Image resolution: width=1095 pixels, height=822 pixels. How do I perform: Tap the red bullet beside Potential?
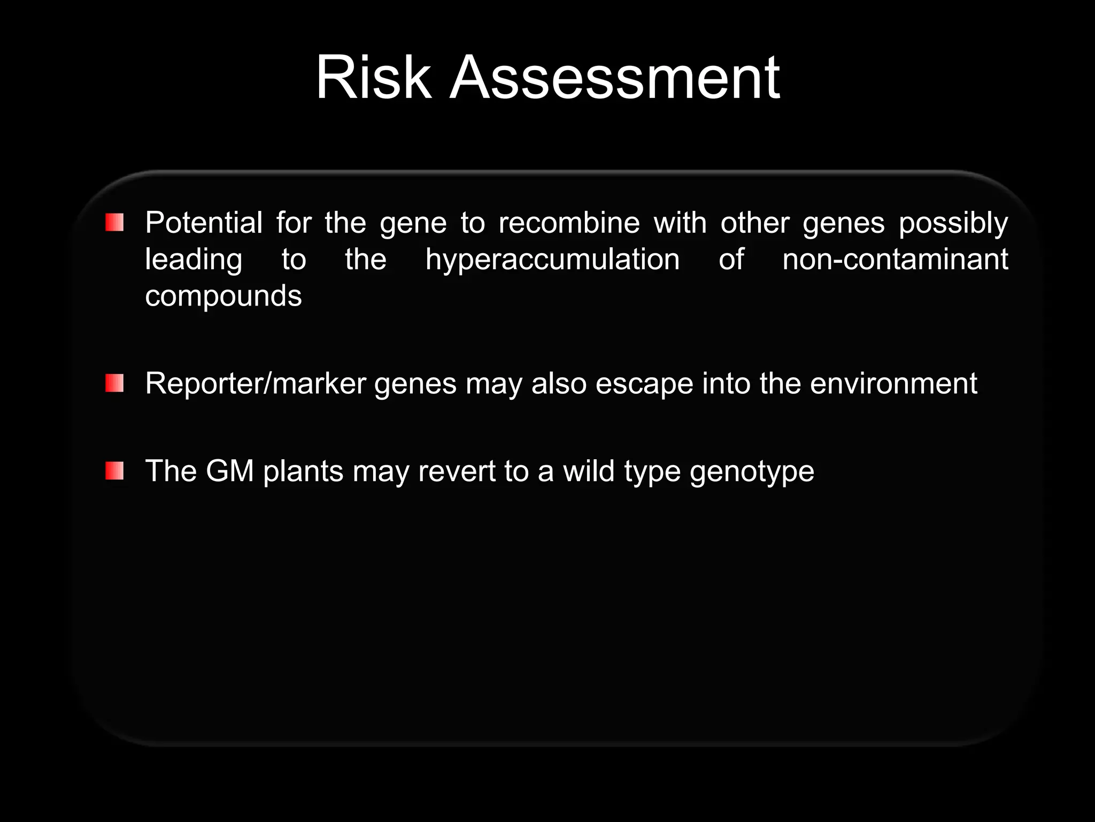(114, 222)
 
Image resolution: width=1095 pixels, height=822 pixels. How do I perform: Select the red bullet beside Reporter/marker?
(114, 383)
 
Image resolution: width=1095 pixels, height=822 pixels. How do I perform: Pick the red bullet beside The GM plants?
(114, 471)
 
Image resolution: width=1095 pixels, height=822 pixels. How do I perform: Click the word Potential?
(204, 223)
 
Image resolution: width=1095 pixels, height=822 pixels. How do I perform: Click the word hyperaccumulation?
(552, 260)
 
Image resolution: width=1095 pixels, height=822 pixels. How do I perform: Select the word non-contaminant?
(895, 260)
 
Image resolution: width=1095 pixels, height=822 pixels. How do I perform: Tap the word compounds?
(223, 296)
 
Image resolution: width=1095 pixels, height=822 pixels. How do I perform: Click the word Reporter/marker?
(256, 384)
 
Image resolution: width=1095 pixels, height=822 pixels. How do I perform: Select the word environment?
(893, 384)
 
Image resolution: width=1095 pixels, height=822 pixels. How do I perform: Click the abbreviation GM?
(229, 471)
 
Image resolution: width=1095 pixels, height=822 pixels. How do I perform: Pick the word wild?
(589, 471)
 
